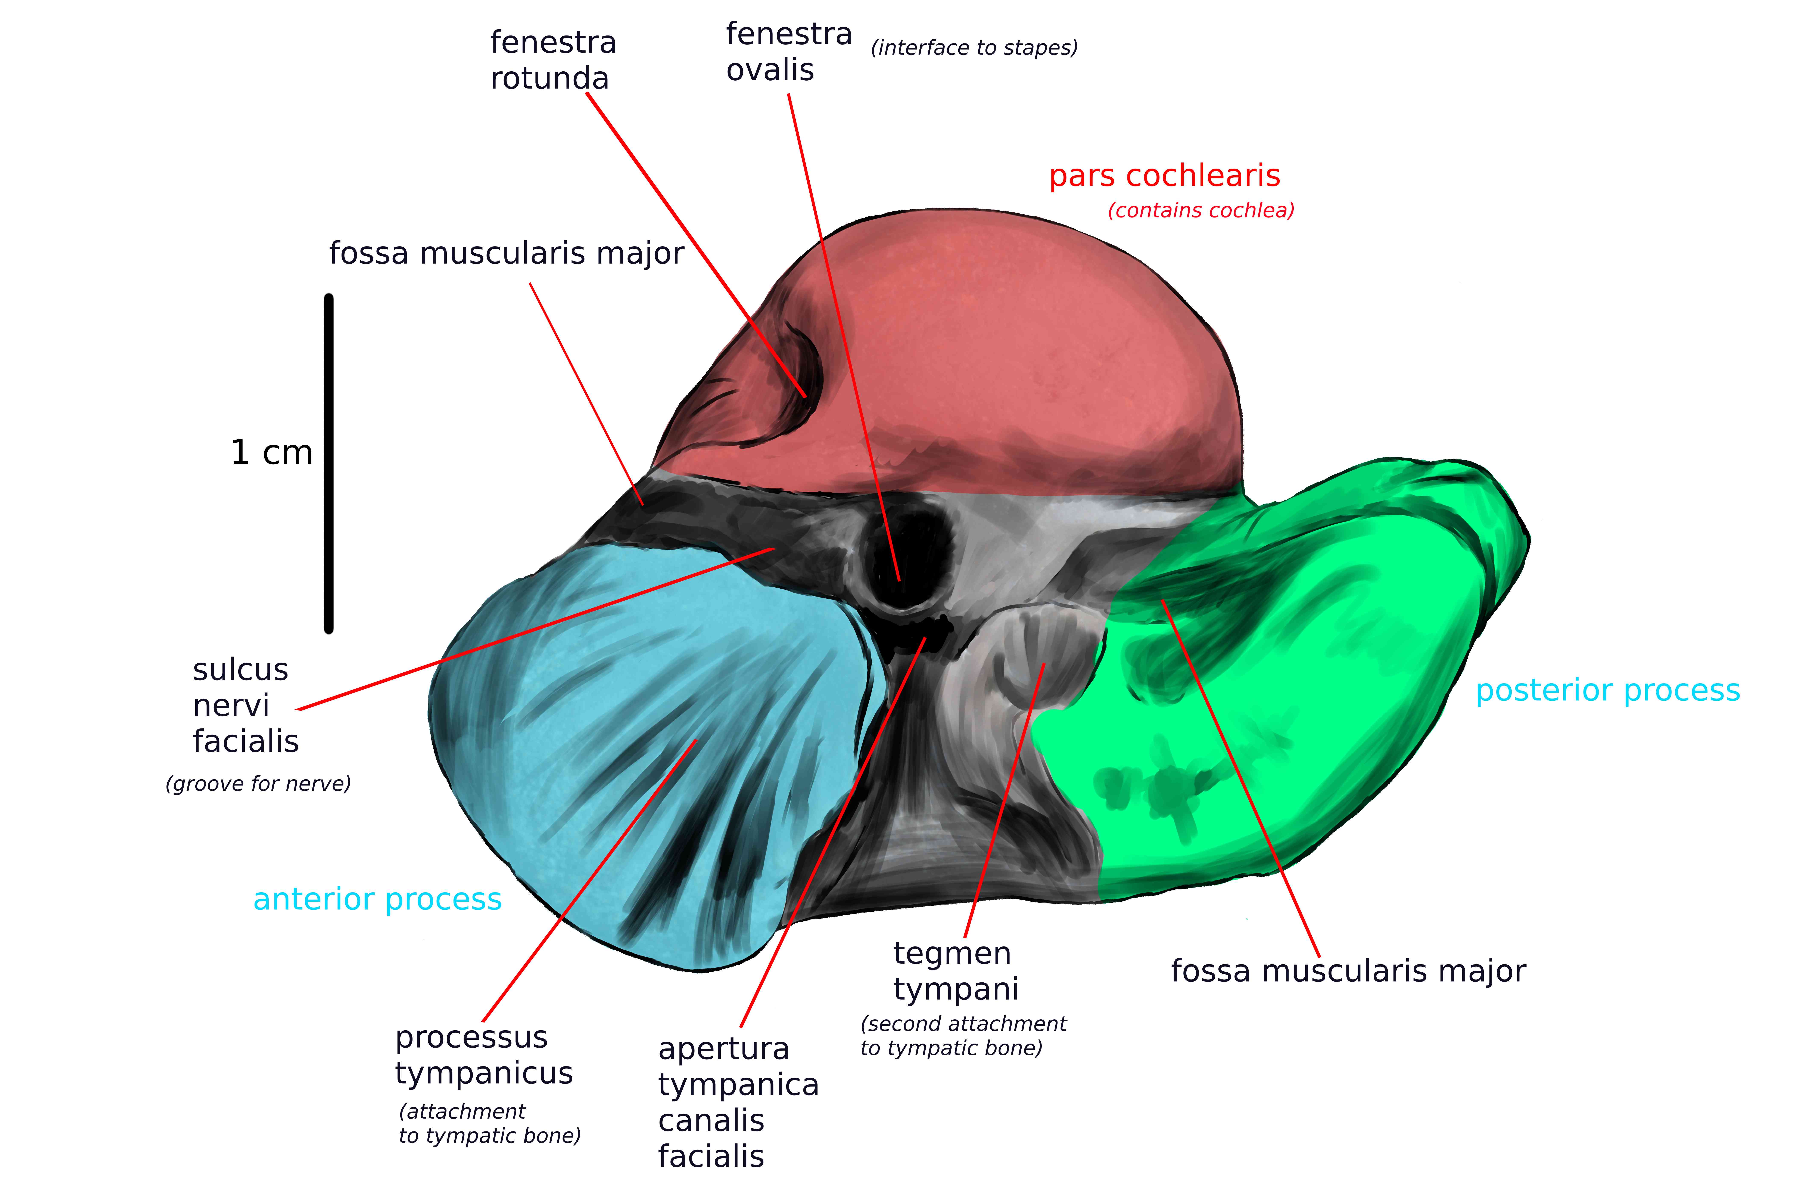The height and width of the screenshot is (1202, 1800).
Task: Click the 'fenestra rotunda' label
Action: pyautogui.click(x=553, y=61)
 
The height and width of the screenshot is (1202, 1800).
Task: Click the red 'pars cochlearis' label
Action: pyautogui.click(x=1164, y=176)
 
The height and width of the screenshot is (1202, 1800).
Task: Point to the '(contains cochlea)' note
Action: pyautogui.click(x=1201, y=210)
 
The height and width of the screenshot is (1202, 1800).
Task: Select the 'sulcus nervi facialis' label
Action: pyautogui.click(x=245, y=705)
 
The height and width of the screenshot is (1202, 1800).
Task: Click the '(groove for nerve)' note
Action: pyautogui.click(x=258, y=783)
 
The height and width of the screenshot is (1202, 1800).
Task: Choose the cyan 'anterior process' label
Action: pyautogui.click(x=377, y=899)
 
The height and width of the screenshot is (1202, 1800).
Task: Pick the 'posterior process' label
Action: pyautogui.click(x=1608, y=691)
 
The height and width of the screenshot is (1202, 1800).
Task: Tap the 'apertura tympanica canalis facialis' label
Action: pyautogui.click(x=738, y=1102)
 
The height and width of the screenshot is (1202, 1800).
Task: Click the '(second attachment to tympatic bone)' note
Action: pyautogui.click(x=963, y=1036)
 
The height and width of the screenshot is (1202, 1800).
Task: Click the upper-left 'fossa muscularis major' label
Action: pyautogui.click(x=507, y=253)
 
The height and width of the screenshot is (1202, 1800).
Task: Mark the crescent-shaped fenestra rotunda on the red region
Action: pyautogui.click(x=801, y=364)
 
